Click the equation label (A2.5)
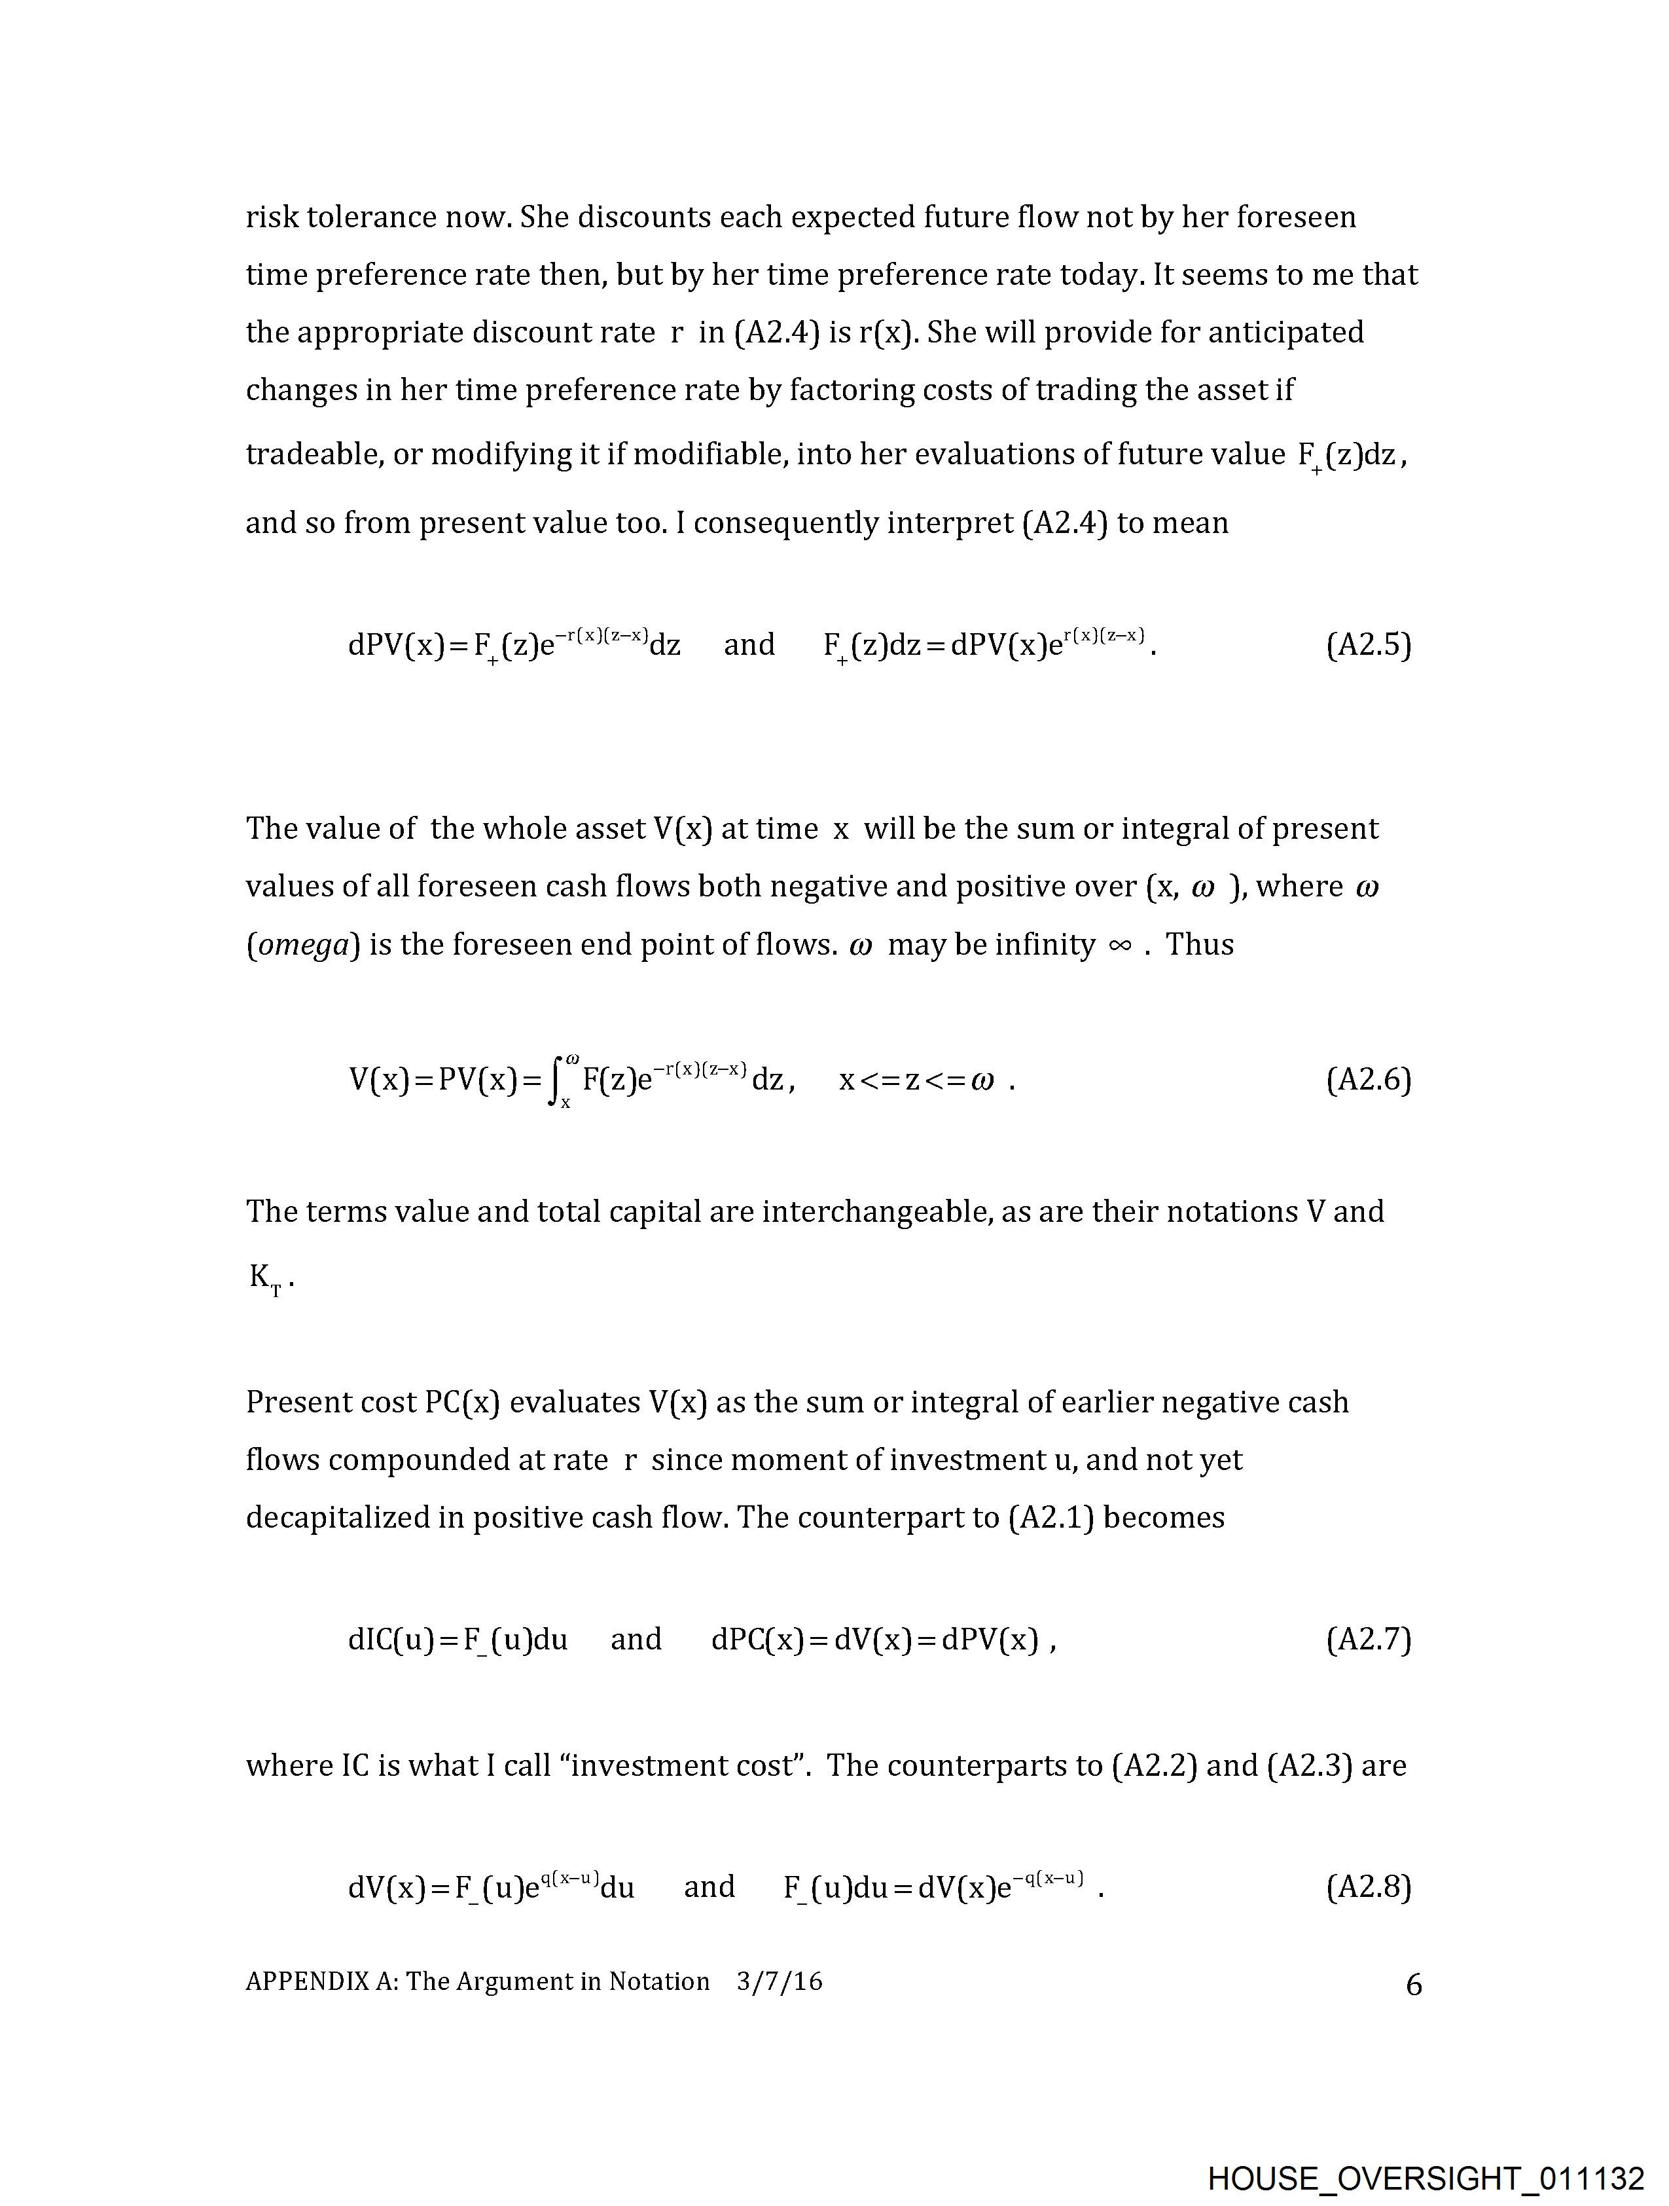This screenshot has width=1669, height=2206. pyautogui.click(x=1368, y=645)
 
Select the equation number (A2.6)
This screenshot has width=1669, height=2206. pyautogui.click(x=1368, y=1080)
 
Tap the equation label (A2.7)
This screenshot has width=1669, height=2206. pyautogui.click(x=1368, y=1640)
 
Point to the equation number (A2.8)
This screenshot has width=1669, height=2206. pyautogui.click(x=1368, y=1887)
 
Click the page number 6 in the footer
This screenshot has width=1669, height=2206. pyautogui.click(x=1413, y=1985)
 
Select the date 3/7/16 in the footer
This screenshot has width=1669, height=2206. pyautogui.click(x=780, y=1981)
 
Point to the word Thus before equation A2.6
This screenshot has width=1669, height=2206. pyautogui.click(x=1200, y=944)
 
